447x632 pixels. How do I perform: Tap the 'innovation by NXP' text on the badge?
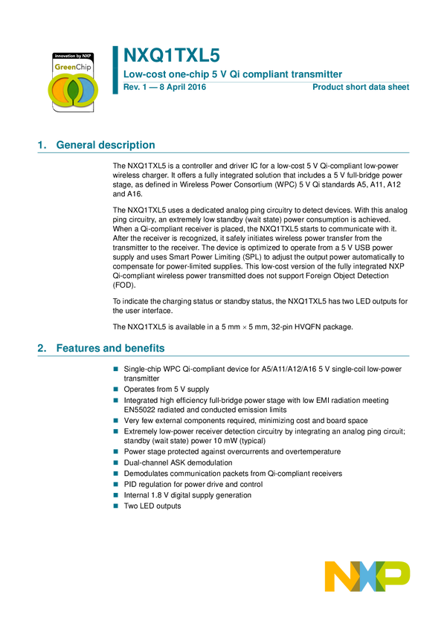[72, 56]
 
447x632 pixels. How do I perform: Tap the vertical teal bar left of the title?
[115, 68]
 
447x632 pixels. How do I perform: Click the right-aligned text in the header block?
[361, 88]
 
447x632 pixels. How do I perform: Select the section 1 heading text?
[105, 146]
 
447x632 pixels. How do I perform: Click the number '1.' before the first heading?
[42, 146]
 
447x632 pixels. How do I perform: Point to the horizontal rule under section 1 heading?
[223, 153]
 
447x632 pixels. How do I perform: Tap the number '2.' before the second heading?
[42, 349]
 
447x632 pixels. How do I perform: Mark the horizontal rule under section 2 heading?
[223, 356]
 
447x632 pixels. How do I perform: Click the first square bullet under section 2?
[115, 368]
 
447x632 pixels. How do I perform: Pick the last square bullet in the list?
[115, 506]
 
